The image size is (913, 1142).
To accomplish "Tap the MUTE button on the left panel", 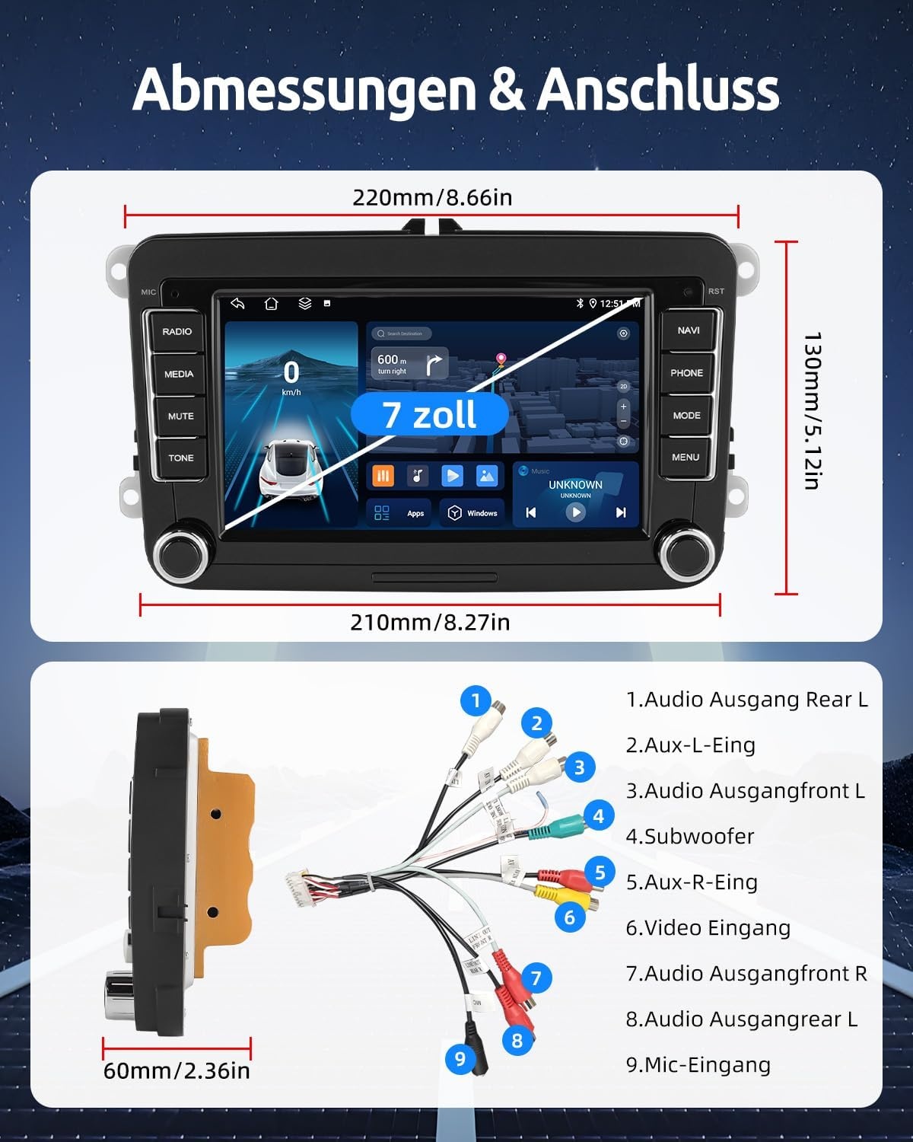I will (x=180, y=416).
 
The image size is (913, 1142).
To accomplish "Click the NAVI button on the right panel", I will (x=688, y=330).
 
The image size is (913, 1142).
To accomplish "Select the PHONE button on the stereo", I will (x=686, y=373).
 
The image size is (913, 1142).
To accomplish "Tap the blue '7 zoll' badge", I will (x=429, y=415).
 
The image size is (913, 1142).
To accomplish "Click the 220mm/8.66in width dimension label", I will (x=432, y=198).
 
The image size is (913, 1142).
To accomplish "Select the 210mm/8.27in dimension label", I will (x=430, y=622).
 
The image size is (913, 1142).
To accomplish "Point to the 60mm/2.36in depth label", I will (x=177, y=1070).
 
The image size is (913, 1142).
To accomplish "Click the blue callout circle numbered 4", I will (x=599, y=816).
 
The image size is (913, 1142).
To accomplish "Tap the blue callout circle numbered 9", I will (x=460, y=1058).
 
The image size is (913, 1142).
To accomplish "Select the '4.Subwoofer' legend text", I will (x=689, y=836).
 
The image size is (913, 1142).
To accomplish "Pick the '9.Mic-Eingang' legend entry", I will (x=698, y=1064).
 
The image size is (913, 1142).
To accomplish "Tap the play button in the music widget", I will (x=576, y=512).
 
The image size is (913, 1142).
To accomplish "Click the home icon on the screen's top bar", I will (x=271, y=304).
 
